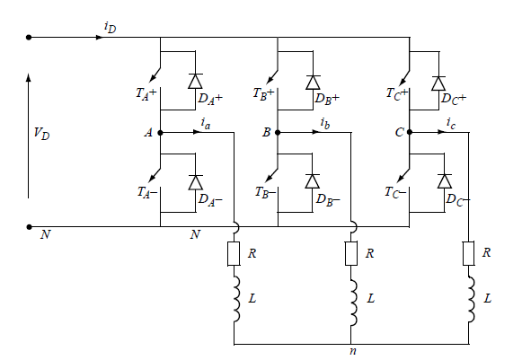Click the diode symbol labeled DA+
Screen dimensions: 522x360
(196, 81)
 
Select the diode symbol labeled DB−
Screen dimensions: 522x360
(313, 181)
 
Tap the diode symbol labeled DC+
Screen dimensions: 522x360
(438, 83)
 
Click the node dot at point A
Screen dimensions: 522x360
(160, 133)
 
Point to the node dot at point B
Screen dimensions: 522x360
(278, 133)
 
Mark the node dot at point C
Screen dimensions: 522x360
(410, 133)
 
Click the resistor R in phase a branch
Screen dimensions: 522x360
(234, 254)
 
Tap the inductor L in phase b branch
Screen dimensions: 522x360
(353, 303)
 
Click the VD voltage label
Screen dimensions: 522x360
(41, 134)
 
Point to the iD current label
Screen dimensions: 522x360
(111, 27)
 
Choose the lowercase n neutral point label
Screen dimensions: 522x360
(353, 351)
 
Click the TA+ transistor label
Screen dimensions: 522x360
(146, 93)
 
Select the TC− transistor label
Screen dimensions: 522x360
(395, 192)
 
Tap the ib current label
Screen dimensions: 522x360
(325, 123)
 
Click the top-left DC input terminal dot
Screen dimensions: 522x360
(29, 38)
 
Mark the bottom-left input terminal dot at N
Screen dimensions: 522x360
(29, 227)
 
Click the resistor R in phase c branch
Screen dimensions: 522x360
(469, 253)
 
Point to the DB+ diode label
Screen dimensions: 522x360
(327, 99)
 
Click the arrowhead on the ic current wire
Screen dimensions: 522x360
(442, 133)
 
